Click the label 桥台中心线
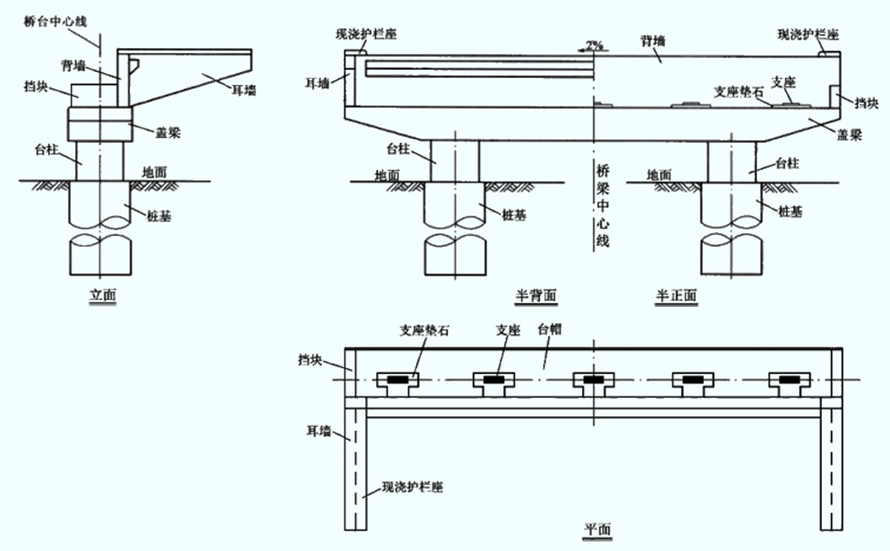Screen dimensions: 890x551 [55, 22]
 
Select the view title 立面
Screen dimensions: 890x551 [103, 295]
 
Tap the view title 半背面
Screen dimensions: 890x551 [536, 295]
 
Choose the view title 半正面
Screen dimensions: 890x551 [676, 295]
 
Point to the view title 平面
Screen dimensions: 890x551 [598, 529]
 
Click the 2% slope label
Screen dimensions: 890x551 [594, 46]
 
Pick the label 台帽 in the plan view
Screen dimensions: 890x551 [550, 329]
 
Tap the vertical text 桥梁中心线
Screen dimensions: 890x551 [602, 205]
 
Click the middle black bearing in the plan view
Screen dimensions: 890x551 [593, 379]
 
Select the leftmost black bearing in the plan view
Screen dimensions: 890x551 [398, 379]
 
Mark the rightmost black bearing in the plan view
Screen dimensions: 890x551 [789, 379]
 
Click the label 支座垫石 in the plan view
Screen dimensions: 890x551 [424, 330]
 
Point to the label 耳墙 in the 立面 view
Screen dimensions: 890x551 [244, 90]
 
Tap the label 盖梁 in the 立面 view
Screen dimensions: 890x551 [168, 132]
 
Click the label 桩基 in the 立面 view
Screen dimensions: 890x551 [159, 215]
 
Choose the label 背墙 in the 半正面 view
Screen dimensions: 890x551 [653, 41]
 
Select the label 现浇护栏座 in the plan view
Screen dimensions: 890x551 [412, 487]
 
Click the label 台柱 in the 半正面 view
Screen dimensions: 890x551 [787, 163]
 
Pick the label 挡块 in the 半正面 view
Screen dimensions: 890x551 [867, 102]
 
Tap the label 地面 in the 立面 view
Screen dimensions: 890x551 [155, 171]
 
